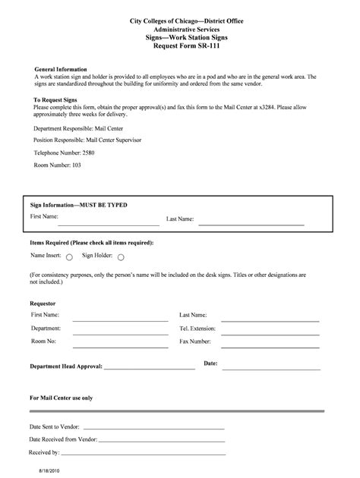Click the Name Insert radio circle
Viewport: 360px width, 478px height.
click(69, 256)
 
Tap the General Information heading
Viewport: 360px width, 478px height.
click(61, 69)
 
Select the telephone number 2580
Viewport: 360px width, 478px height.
click(88, 153)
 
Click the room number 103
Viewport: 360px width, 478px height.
click(76, 165)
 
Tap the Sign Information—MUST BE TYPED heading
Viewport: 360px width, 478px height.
click(79, 205)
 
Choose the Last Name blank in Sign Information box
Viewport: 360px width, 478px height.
click(251, 224)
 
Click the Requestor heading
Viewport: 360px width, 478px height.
click(43, 303)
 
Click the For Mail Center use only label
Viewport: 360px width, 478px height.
click(61, 398)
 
